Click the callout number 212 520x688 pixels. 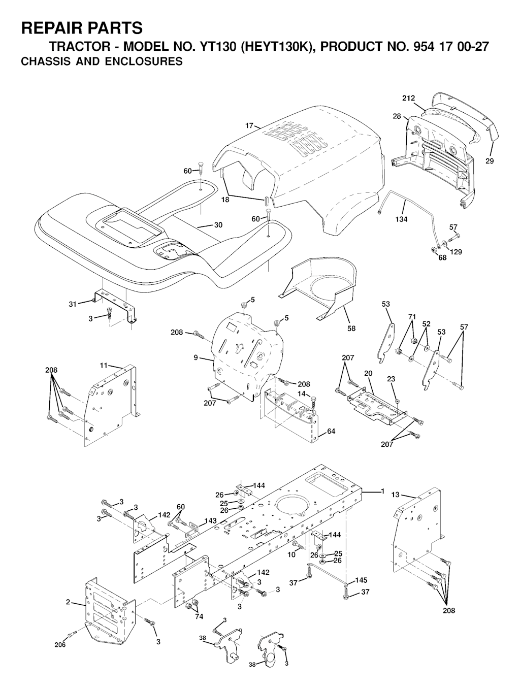click(408, 99)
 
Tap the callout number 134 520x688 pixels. click(402, 219)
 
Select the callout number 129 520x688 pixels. click(456, 252)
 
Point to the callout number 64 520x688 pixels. click(331, 431)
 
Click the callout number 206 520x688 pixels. click(60, 644)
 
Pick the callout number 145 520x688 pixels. click(361, 580)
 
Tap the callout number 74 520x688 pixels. click(199, 616)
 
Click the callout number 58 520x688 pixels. click(351, 329)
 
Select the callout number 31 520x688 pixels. click(73, 304)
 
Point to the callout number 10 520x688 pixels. click(291, 554)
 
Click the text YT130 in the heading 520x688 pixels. click(215, 47)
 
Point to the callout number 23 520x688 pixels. click(391, 379)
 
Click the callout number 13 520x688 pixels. click(396, 495)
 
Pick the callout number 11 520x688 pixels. click(104, 365)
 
